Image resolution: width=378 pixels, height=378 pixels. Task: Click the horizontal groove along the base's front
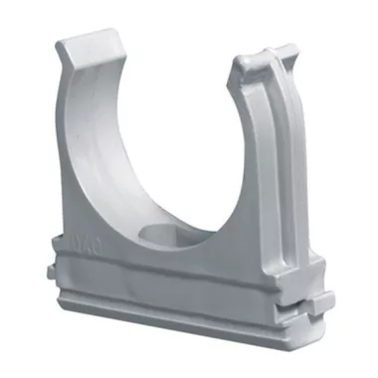[179, 288]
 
